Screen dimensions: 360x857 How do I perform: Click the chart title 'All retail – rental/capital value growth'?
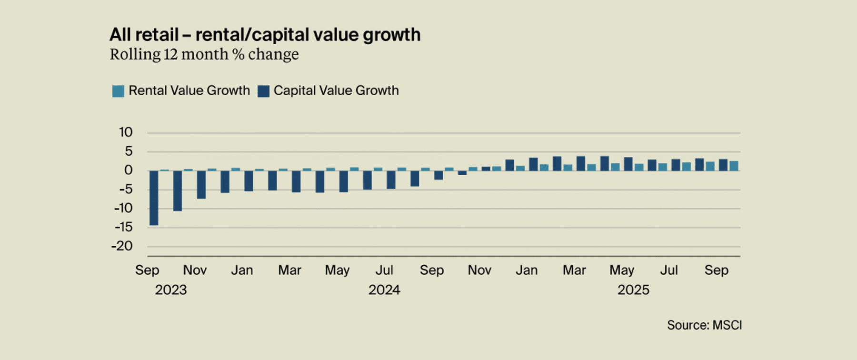pyautogui.click(x=265, y=35)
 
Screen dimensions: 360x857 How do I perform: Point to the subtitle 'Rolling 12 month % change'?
pyautogui.click(x=204, y=54)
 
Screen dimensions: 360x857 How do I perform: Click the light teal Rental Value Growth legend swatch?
pyautogui.click(x=118, y=91)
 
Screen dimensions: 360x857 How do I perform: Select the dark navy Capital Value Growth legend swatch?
pyautogui.click(x=263, y=91)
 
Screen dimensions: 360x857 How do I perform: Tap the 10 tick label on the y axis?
pyautogui.click(x=126, y=132)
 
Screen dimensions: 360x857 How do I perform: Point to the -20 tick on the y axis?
pyautogui.click(x=122, y=246)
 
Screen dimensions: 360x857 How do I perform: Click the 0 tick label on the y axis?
pyautogui.click(x=128, y=170)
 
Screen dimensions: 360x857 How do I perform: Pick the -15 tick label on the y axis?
pyautogui.click(x=123, y=227)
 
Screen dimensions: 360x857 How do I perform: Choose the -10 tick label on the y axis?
pyautogui.click(x=123, y=208)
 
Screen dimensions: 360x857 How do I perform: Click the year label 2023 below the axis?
pyautogui.click(x=171, y=290)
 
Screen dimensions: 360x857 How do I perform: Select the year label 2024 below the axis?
pyautogui.click(x=384, y=290)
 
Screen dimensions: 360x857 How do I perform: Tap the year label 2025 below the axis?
pyautogui.click(x=633, y=290)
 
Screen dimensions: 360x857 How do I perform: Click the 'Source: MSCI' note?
pyautogui.click(x=704, y=325)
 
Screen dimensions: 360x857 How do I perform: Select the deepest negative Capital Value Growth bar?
pyautogui.click(x=154, y=198)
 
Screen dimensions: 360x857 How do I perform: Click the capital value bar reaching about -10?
pyautogui.click(x=178, y=190)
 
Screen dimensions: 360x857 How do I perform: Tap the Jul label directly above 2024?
pyautogui.click(x=384, y=270)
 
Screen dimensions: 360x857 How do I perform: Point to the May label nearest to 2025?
pyautogui.click(x=622, y=270)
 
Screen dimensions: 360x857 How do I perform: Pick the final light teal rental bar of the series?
pyautogui.click(x=734, y=166)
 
